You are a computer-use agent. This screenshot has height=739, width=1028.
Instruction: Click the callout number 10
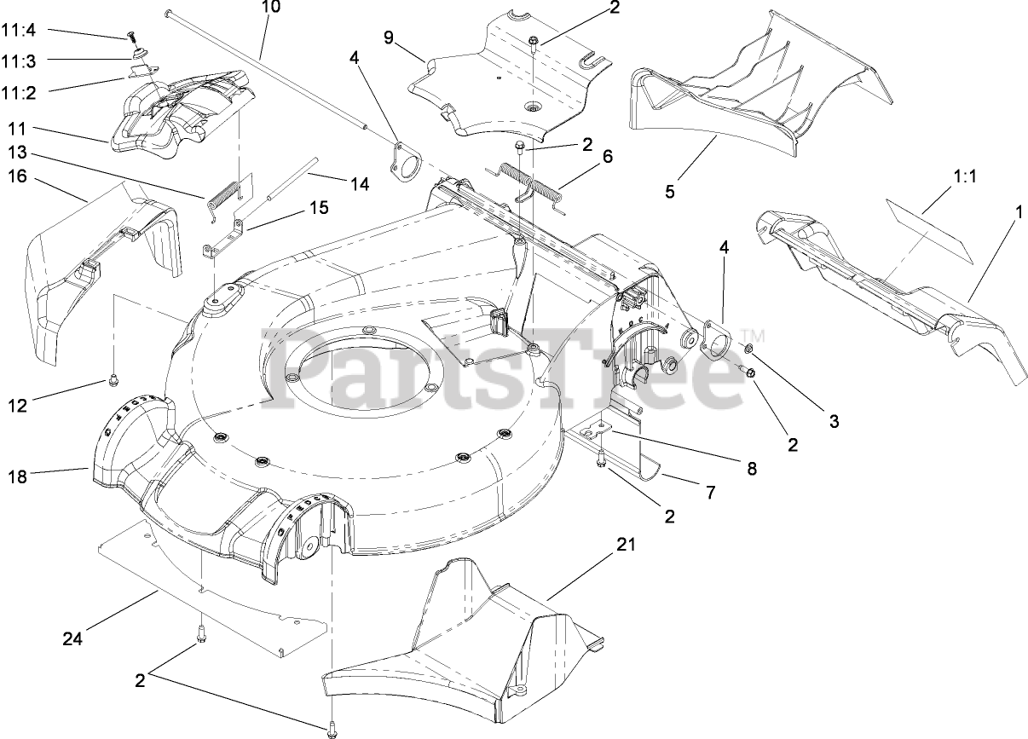click(270, 8)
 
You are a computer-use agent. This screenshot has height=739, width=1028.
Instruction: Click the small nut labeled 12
click(112, 380)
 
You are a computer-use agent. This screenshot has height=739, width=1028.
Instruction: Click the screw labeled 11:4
click(130, 36)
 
